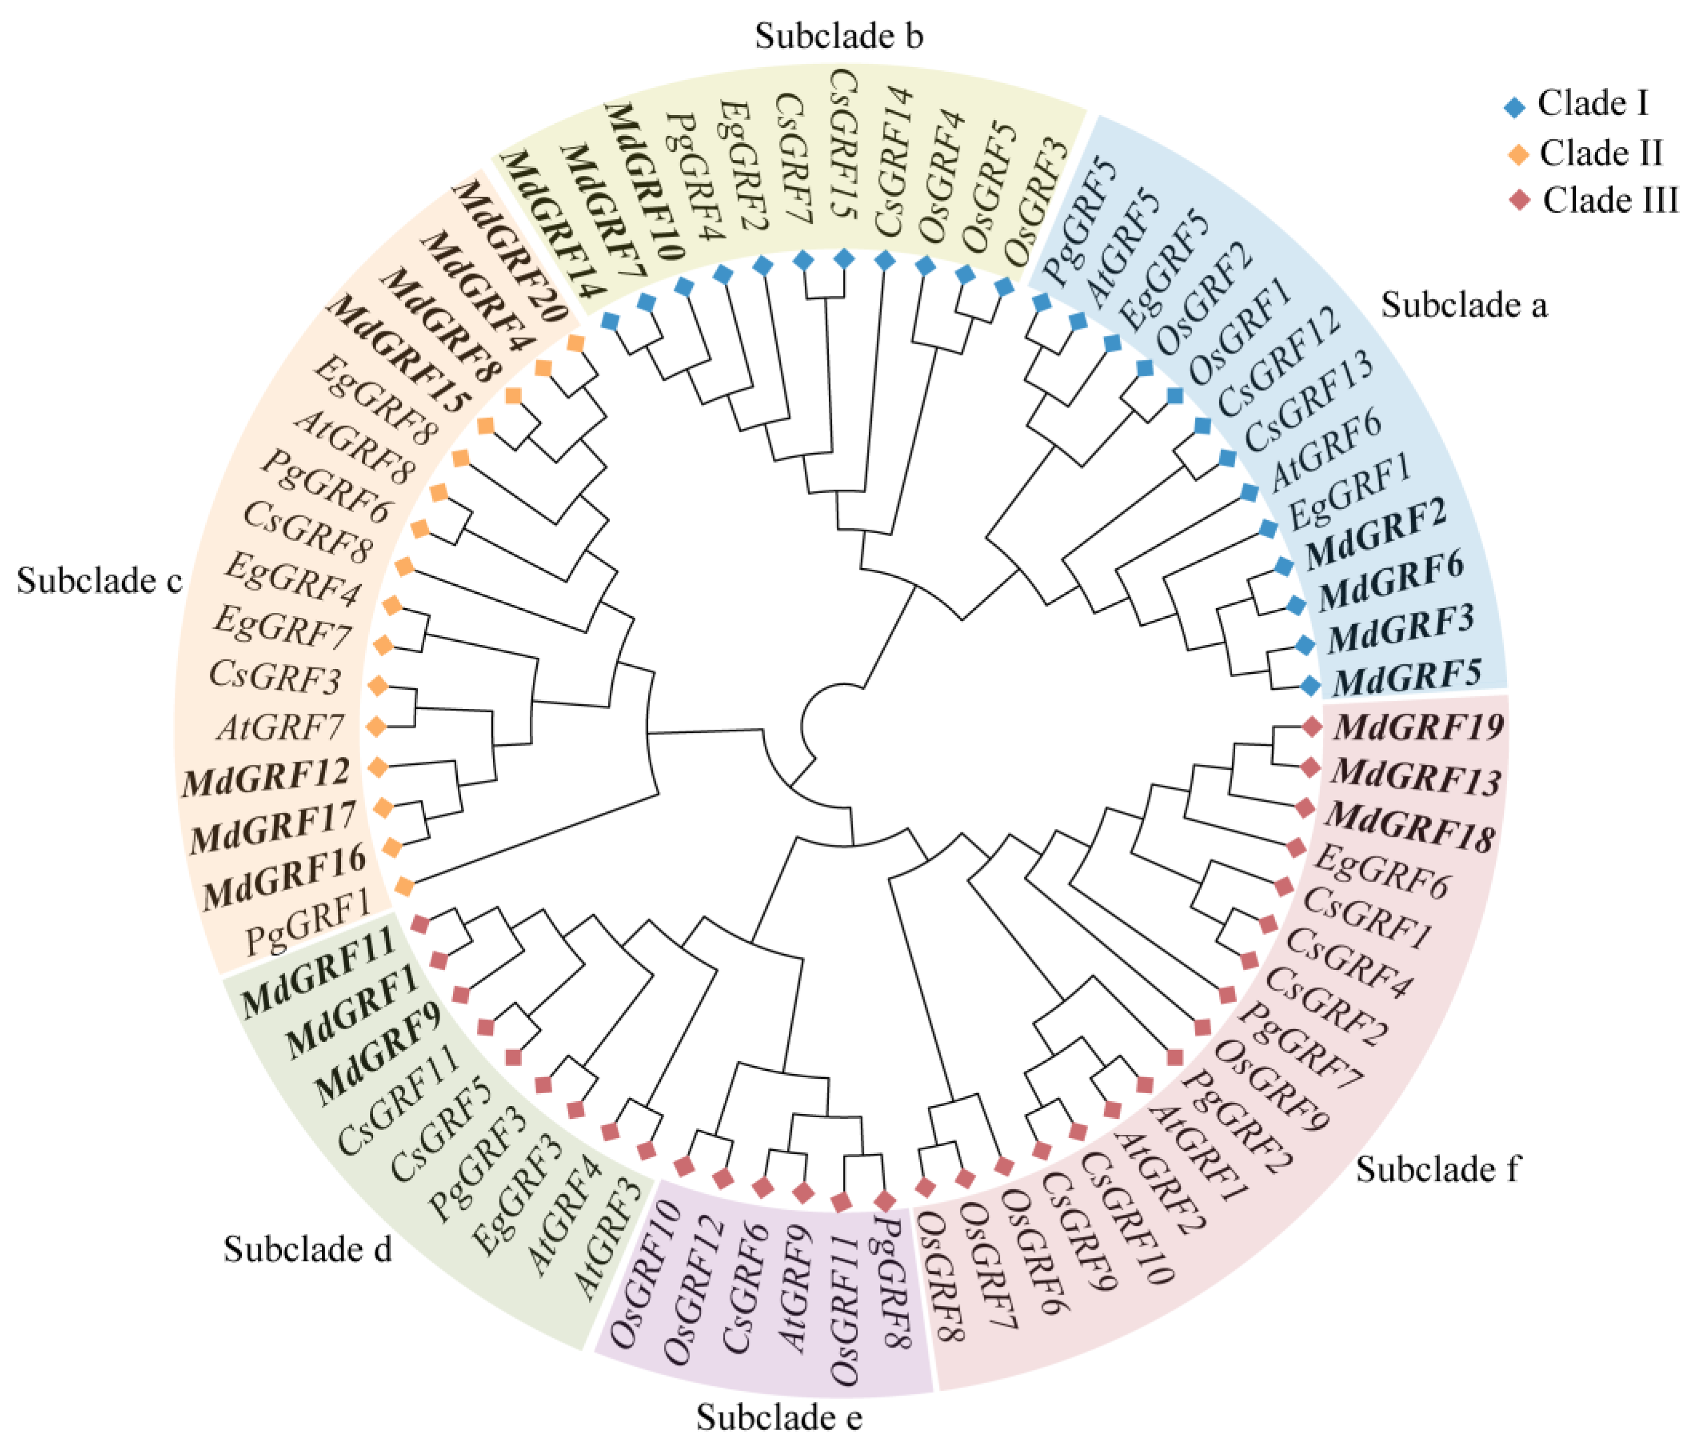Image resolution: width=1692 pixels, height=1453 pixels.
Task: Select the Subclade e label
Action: [779, 1418]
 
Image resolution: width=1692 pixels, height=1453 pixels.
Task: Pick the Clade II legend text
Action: [1600, 153]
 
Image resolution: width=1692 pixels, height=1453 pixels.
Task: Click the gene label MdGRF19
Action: [1419, 726]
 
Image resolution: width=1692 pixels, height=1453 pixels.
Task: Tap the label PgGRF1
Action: [309, 922]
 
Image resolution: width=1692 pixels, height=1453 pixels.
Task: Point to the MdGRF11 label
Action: [319, 971]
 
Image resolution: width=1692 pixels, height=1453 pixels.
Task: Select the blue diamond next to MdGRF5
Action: [1310, 686]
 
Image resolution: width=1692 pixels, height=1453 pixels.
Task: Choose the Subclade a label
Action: [1464, 305]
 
